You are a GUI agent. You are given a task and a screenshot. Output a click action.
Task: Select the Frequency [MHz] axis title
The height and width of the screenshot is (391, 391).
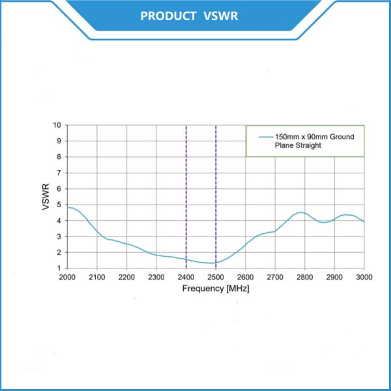(x=215, y=288)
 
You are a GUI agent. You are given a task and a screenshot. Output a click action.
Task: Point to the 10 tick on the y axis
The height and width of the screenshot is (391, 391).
(x=57, y=125)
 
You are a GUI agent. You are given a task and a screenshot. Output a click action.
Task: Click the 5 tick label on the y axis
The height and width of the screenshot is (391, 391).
(x=59, y=205)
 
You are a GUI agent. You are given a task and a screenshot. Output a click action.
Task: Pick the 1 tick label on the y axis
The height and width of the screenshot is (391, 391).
(x=59, y=268)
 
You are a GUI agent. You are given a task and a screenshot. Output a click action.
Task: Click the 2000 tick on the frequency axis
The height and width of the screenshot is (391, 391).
(x=67, y=277)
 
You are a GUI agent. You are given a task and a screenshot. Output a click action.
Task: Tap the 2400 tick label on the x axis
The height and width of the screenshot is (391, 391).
(x=186, y=277)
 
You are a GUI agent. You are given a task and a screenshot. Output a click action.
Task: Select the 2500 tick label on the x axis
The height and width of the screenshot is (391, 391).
(x=216, y=277)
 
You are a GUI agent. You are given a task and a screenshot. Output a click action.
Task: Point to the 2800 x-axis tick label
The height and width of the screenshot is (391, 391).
(x=304, y=277)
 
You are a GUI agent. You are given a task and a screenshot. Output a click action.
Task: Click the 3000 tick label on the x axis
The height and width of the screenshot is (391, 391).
(x=364, y=277)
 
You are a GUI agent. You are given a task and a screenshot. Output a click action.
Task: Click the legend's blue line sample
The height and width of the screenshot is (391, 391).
(x=265, y=138)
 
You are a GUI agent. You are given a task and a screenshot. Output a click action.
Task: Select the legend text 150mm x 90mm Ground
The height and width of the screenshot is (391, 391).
(x=314, y=138)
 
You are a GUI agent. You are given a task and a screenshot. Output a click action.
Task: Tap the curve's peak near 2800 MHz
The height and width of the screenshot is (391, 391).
(x=300, y=212)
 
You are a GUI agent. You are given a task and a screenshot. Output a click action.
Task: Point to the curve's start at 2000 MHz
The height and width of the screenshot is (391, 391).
(x=68, y=207)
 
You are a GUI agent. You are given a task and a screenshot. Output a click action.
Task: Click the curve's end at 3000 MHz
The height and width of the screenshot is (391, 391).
(x=364, y=222)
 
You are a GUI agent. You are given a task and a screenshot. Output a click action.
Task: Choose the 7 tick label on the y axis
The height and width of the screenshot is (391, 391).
(x=59, y=173)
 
